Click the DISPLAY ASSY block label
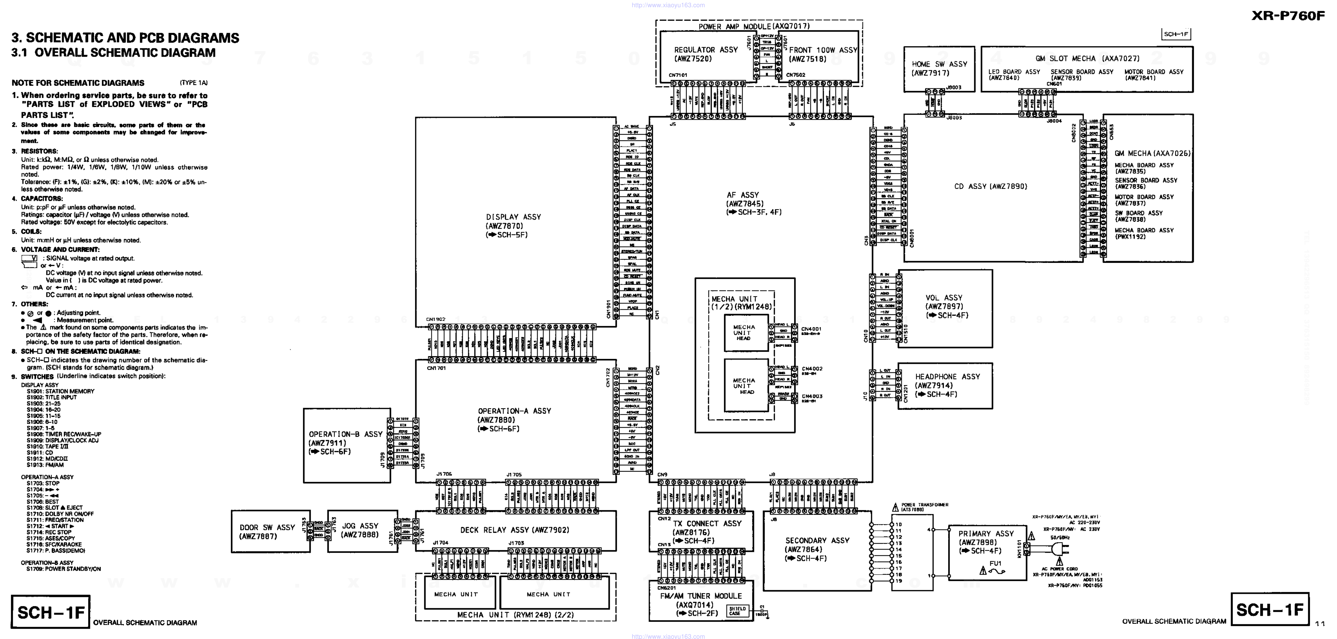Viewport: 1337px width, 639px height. click(x=513, y=217)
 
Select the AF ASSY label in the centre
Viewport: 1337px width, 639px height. click(x=743, y=195)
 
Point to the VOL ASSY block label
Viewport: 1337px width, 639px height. click(x=943, y=298)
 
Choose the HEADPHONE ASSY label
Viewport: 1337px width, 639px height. click(x=947, y=377)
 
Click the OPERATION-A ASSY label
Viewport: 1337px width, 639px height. click(x=514, y=411)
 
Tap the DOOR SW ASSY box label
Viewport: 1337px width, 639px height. click(x=267, y=527)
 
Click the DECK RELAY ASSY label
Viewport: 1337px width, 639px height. click(x=514, y=530)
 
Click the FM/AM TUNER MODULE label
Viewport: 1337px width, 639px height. click(x=701, y=596)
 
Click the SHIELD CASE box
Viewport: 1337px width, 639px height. click(x=737, y=611)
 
